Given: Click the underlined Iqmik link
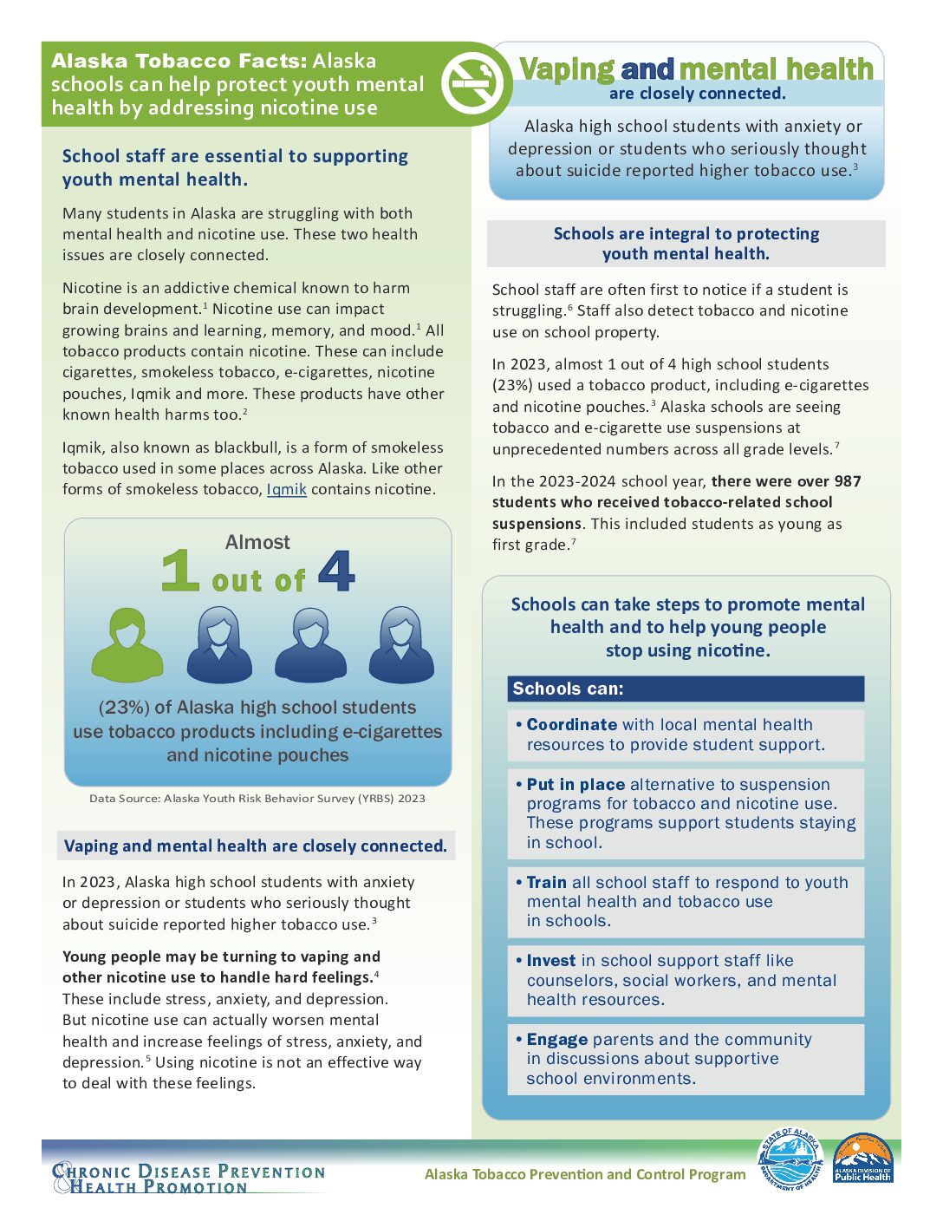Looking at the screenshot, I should point(286,489).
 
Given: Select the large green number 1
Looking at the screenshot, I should point(180,571).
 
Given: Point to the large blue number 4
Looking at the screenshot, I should point(336,571).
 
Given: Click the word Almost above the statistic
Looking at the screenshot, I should point(257,542).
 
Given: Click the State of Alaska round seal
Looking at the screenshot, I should point(790,1159).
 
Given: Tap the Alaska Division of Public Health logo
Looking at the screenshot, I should point(862,1159).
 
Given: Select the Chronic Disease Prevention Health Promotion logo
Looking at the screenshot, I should point(189,1178).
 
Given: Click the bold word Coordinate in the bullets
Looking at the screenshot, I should point(571,724).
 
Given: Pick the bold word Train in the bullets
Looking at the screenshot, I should point(546,882).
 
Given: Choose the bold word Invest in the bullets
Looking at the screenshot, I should point(550,960).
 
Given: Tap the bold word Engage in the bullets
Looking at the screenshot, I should point(556,1039).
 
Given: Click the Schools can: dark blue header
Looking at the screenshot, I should point(686,689).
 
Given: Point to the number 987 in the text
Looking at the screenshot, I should point(847,481).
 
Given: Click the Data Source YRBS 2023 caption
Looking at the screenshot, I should point(257,798).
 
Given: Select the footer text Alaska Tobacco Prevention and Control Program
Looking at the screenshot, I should point(585,1174).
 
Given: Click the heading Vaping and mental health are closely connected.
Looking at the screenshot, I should point(256,846).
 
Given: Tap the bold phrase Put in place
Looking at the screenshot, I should point(576,784).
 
